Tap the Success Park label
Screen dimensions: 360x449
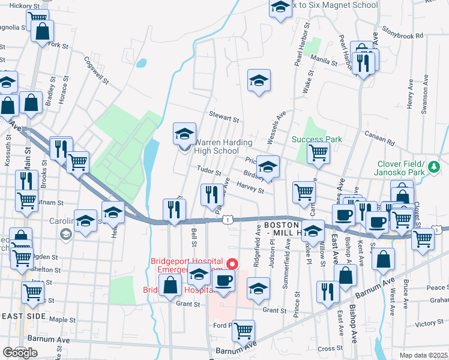[316, 139]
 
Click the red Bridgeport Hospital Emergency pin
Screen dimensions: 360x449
[234, 264]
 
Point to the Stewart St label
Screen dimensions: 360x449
[224, 114]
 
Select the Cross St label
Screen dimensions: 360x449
[330, 349]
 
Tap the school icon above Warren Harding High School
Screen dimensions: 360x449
[184, 134]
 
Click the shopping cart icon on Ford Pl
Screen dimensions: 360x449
[243, 330]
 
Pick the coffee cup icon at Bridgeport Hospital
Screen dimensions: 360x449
[224, 280]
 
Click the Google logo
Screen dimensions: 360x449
[20, 353]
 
